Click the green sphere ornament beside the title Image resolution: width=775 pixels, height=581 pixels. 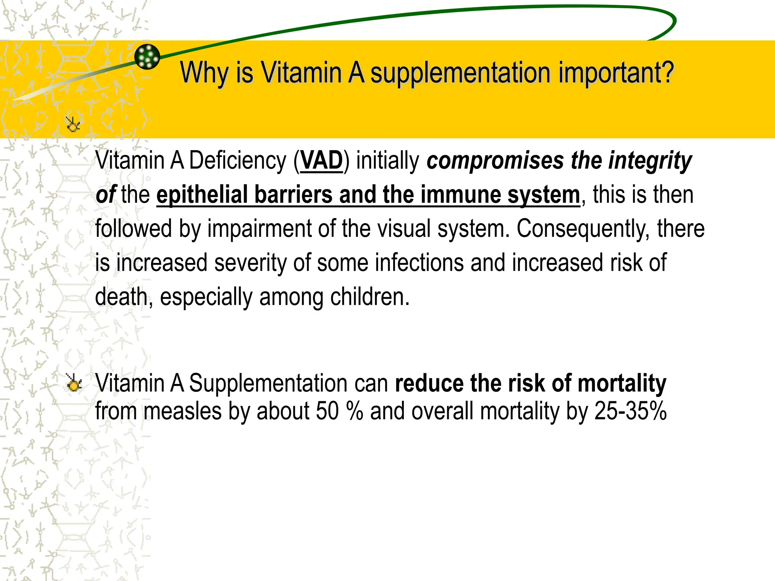click(x=147, y=57)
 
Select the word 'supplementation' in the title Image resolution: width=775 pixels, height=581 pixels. click(x=460, y=73)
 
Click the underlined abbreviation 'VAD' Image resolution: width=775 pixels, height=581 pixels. click(x=321, y=161)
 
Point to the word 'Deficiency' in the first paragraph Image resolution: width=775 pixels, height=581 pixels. click(x=238, y=161)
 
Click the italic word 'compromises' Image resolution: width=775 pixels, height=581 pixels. click(x=495, y=161)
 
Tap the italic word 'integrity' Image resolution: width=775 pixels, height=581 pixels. click(x=650, y=161)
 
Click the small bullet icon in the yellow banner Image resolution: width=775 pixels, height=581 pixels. click(x=73, y=124)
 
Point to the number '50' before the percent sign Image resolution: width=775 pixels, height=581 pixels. click(x=327, y=411)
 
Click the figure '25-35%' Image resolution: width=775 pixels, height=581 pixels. click(x=630, y=411)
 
